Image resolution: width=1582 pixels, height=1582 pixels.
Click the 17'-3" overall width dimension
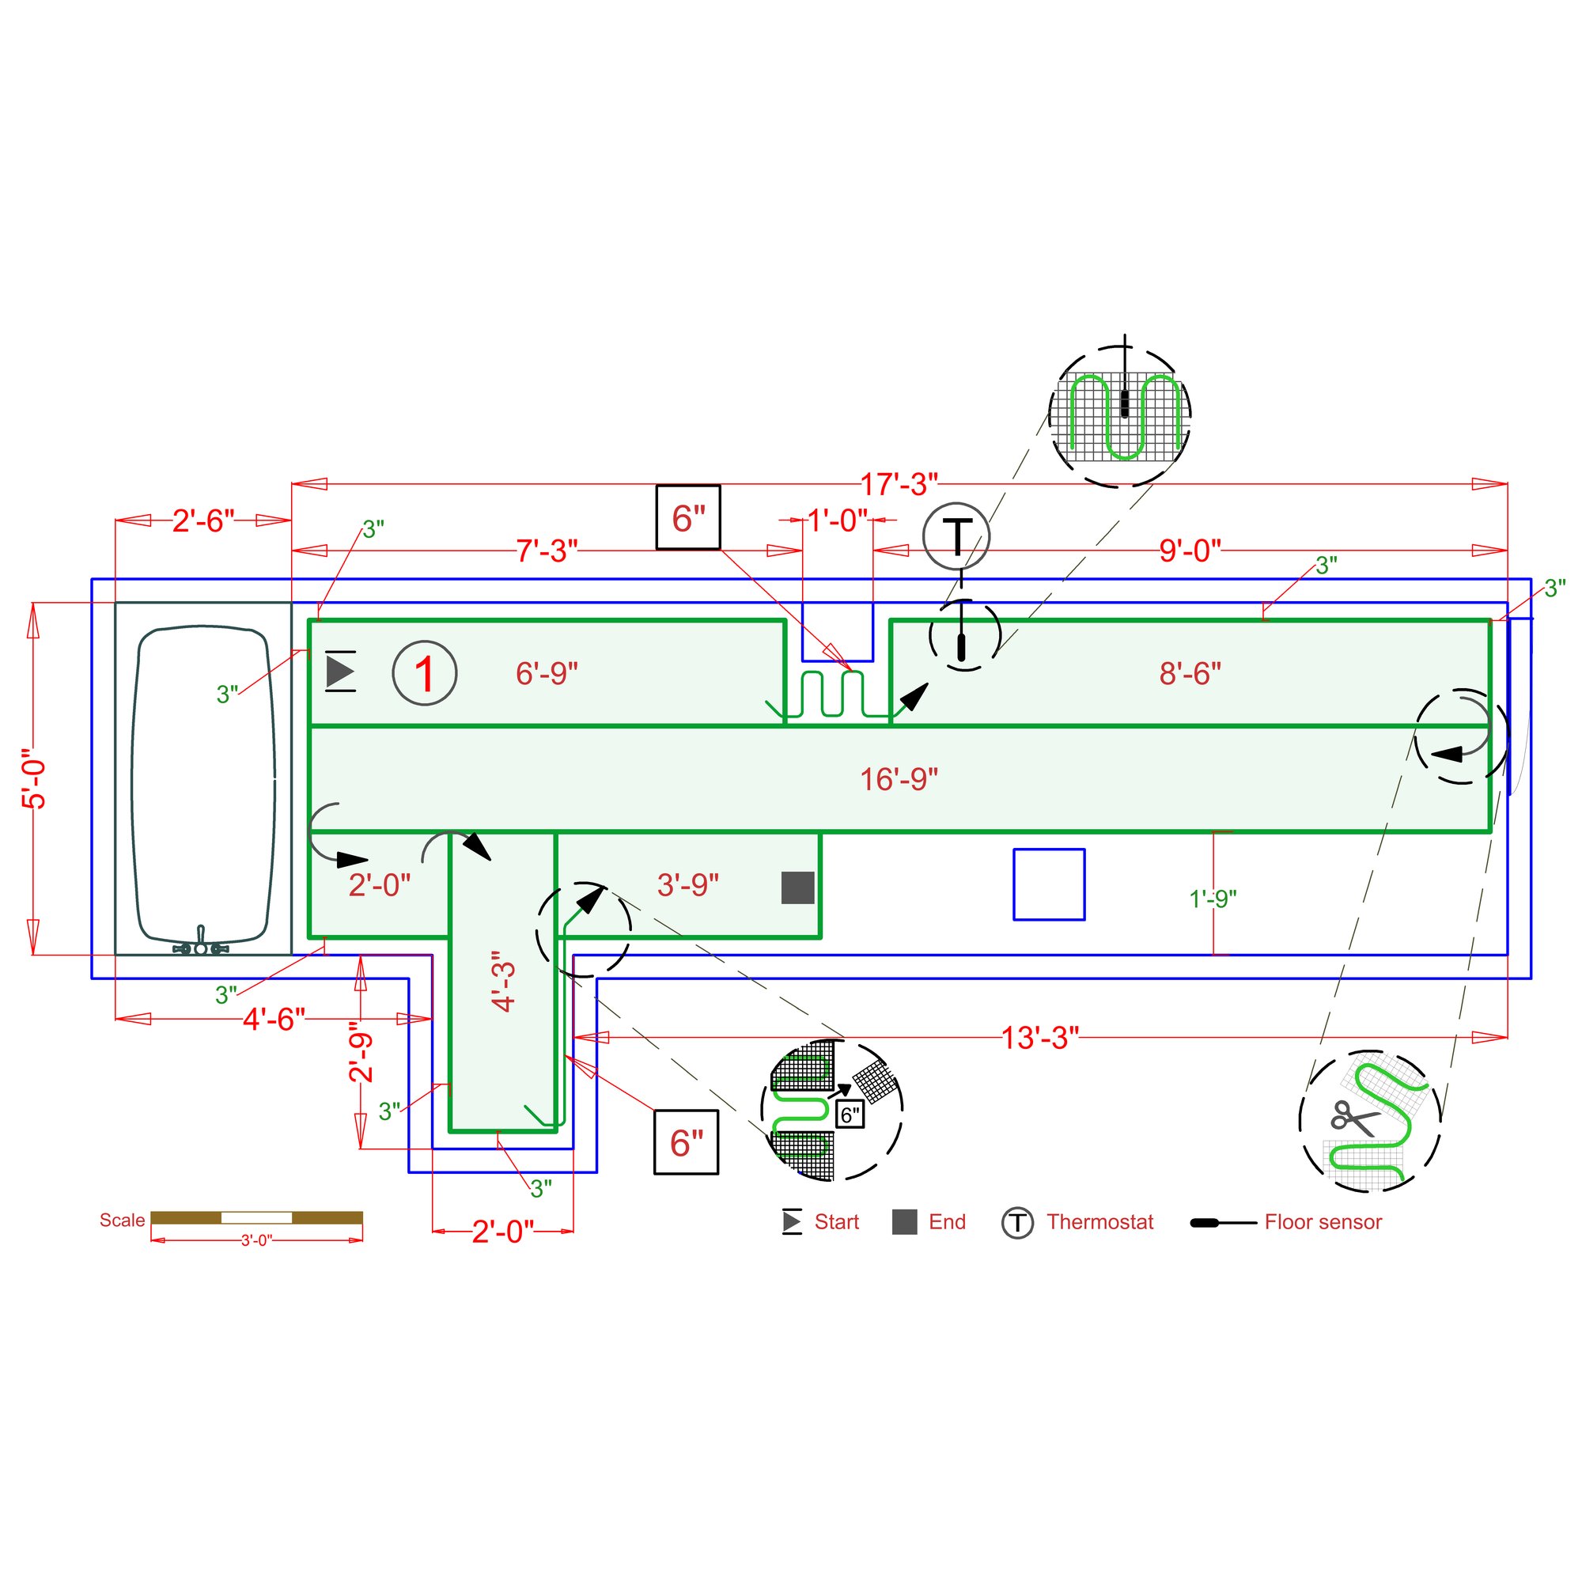pos(899,484)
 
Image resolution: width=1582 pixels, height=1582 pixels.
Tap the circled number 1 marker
pos(424,673)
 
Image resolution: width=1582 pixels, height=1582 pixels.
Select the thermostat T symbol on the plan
pos(956,536)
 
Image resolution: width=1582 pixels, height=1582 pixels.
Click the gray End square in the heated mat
pos(797,888)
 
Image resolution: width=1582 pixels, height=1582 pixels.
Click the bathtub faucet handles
pos(201,948)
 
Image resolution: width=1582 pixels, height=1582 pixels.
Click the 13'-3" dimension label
pos(1040,1038)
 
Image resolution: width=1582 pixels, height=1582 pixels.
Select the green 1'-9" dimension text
pos(1213,899)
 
